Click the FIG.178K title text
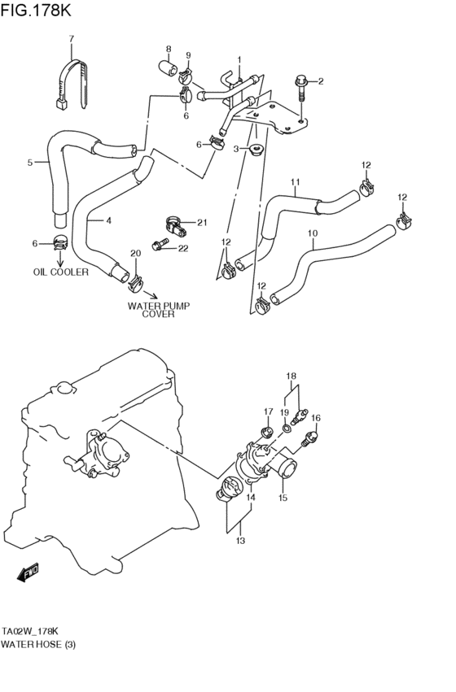click(35, 9)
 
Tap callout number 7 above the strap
click(72, 39)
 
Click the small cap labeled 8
click(168, 67)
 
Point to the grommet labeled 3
click(256, 149)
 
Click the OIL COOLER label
click(60, 272)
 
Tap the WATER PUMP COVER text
click(158, 309)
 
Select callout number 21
click(202, 223)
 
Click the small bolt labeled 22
click(160, 244)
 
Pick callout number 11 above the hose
click(295, 182)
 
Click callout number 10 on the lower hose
click(313, 233)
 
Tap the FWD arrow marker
click(28, 572)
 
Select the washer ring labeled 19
click(287, 427)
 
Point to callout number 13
click(240, 540)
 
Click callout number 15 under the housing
click(283, 498)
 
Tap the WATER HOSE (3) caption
click(38, 644)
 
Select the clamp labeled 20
click(135, 283)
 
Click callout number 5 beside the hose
click(30, 163)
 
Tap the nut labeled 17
click(266, 432)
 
